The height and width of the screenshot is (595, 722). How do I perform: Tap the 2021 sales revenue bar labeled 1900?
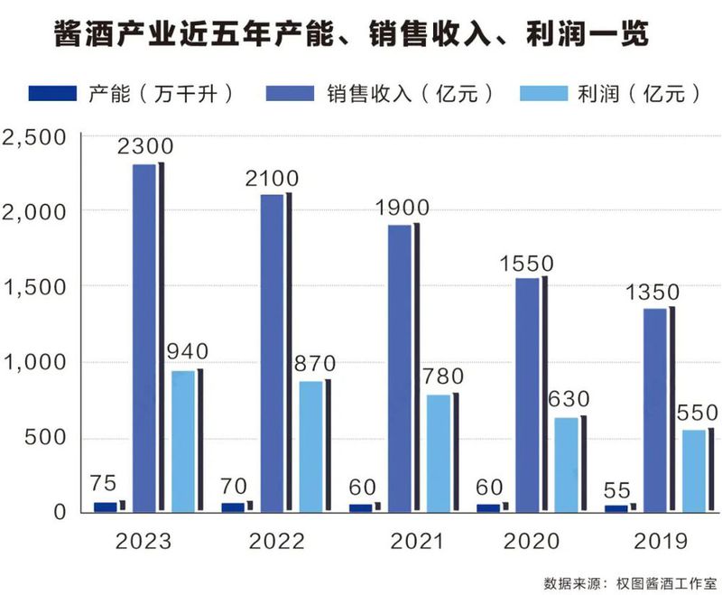[x=401, y=367]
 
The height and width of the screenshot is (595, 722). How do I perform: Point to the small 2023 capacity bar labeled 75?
[x=106, y=507]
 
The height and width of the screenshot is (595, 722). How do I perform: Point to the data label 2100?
[x=273, y=178]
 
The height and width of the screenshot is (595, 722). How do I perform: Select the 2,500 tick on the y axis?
[x=33, y=136]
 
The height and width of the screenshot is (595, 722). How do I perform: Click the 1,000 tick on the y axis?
[x=33, y=363]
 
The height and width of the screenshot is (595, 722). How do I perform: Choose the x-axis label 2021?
[x=416, y=541]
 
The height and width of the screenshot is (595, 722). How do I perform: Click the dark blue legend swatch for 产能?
[x=55, y=93]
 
